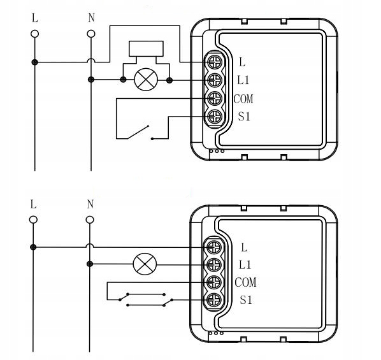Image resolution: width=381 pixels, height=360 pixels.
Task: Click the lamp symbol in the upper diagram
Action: (146, 80)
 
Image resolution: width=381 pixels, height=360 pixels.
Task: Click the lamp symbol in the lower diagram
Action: (145, 264)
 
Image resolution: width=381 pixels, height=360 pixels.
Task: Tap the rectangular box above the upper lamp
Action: (146, 48)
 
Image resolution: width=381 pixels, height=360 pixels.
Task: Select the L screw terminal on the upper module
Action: (215, 62)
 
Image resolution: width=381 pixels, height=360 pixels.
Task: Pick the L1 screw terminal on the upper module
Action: (215, 80)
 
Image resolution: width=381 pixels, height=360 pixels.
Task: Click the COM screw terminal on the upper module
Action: (215, 99)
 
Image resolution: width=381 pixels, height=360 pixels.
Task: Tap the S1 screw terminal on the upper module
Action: (215, 117)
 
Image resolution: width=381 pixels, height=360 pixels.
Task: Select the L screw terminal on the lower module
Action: (214, 247)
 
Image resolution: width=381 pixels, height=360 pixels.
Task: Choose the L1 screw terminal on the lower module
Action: (214, 264)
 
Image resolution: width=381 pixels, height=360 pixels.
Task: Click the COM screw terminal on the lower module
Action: (214, 282)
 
